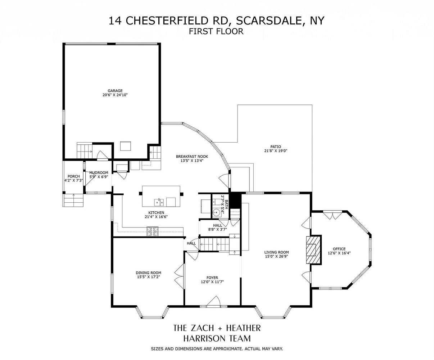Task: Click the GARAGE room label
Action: [x=115, y=91]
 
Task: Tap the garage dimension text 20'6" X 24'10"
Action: [x=115, y=95]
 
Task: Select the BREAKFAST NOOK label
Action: [x=192, y=156]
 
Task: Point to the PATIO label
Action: [x=276, y=147]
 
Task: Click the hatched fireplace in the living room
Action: [x=314, y=250]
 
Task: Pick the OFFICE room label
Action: [x=339, y=249]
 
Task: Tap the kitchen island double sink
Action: [x=159, y=202]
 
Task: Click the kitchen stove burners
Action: [x=153, y=231]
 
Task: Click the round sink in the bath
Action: [x=217, y=213]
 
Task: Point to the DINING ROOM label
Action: [x=148, y=273]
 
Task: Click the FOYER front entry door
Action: [x=213, y=301]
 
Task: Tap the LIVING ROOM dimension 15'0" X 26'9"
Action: [x=276, y=256]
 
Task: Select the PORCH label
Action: [x=73, y=176]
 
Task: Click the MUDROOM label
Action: [x=99, y=172]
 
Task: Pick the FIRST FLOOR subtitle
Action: [x=216, y=31]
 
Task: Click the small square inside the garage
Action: [x=126, y=146]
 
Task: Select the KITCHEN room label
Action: [x=156, y=212]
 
